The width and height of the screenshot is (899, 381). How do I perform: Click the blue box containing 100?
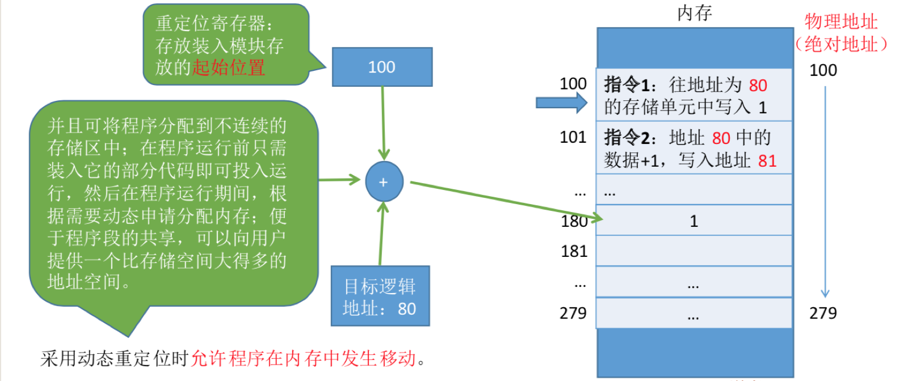click(x=382, y=67)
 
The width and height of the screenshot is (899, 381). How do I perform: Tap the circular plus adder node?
click(x=384, y=182)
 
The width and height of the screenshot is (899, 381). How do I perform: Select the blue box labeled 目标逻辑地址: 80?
click(x=380, y=296)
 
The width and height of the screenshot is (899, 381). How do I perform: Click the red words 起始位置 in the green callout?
click(x=228, y=67)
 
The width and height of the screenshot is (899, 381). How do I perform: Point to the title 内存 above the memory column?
click(x=694, y=12)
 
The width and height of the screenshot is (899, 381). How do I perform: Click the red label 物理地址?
click(x=841, y=22)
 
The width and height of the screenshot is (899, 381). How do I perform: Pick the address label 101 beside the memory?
click(x=573, y=137)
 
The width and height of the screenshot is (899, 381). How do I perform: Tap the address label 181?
click(x=574, y=251)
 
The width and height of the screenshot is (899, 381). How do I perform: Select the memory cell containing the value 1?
click(x=694, y=221)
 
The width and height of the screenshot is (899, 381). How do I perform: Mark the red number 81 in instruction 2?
click(x=767, y=161)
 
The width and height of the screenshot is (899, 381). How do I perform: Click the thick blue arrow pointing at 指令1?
click(x=561, y=103)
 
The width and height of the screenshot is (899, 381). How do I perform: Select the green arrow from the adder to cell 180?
click(x=505, y=200)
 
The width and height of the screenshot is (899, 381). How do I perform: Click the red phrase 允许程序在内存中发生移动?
click(x=304, y=358)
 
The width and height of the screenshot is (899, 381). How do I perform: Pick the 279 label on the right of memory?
click(x=823, y=313)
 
